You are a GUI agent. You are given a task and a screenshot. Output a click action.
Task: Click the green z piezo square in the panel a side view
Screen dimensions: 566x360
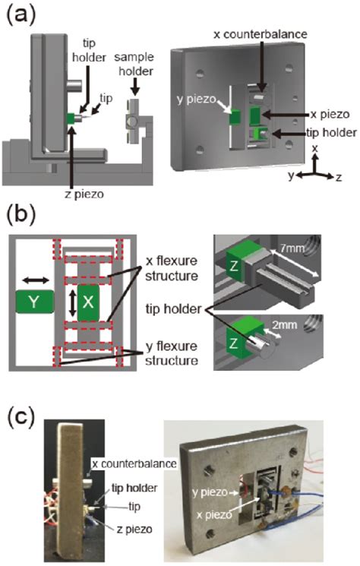(x=69, y=118)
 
